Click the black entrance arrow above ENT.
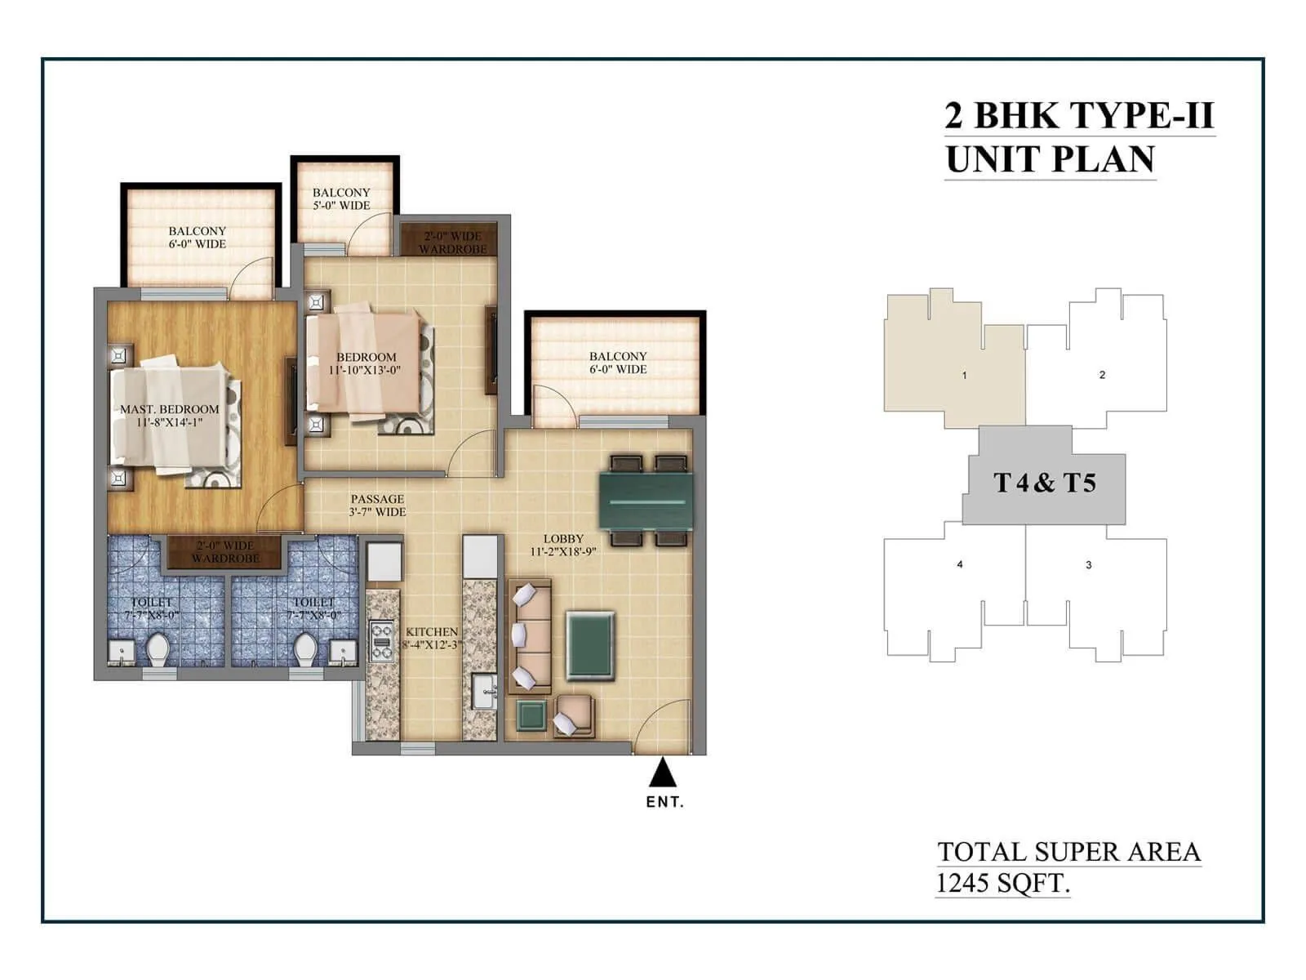tap(664, 773)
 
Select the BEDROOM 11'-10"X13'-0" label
tap(365, 363)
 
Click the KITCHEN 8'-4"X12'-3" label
tap(431, 638)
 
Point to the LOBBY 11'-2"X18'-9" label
tap(563, 545)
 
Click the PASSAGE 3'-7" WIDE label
tap(377, 505)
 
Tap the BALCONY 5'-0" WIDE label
tap(341, 198)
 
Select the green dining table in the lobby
tap(646, 500)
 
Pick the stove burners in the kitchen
tap(381, 641)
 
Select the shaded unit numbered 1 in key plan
tap(964, 375)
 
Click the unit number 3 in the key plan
tap(1088, 565)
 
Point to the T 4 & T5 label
tap(1044, 483)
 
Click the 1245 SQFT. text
tap(1002, 883)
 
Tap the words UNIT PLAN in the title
tap(1050, 158)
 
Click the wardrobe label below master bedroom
tap(225, 552)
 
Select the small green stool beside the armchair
tap(531, 715)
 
